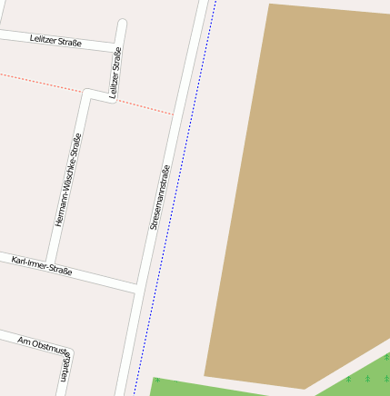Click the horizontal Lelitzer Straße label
pyautogui.click(x=55, y=41)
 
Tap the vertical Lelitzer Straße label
pyautogui.click(x=115, y=73)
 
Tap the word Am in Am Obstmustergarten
pyautogui.click(x=25, y=341)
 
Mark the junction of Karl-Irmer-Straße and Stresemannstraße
pyautogui.click(x=136, y=288)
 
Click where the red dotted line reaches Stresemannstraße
pyautogui.click(x=173, y=114)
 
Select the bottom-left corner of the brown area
pyautogui.click(x=205, y=375)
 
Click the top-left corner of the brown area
pyautogui.click(x=269, y=5)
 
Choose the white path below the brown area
pyautogui.click(x=345, y=368)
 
